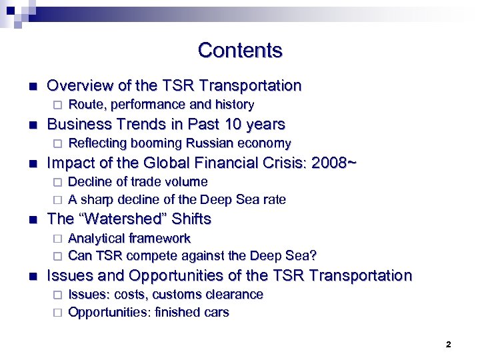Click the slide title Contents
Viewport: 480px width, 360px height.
pos(240,51)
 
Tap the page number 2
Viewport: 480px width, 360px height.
pos(448,345)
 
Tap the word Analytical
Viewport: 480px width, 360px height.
pos(98,239)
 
